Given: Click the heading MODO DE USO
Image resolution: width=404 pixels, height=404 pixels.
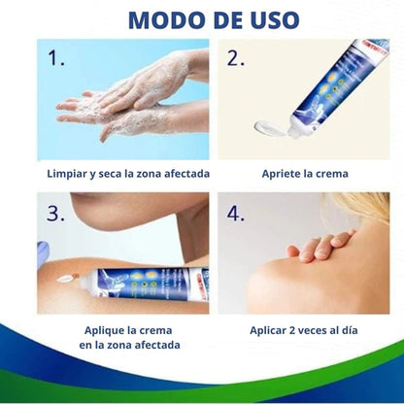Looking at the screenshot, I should click(202, 18).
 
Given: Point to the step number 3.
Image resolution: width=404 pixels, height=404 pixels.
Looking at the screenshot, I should click(55, 215).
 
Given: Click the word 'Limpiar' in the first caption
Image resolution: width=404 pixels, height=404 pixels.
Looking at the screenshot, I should click(71, 175).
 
